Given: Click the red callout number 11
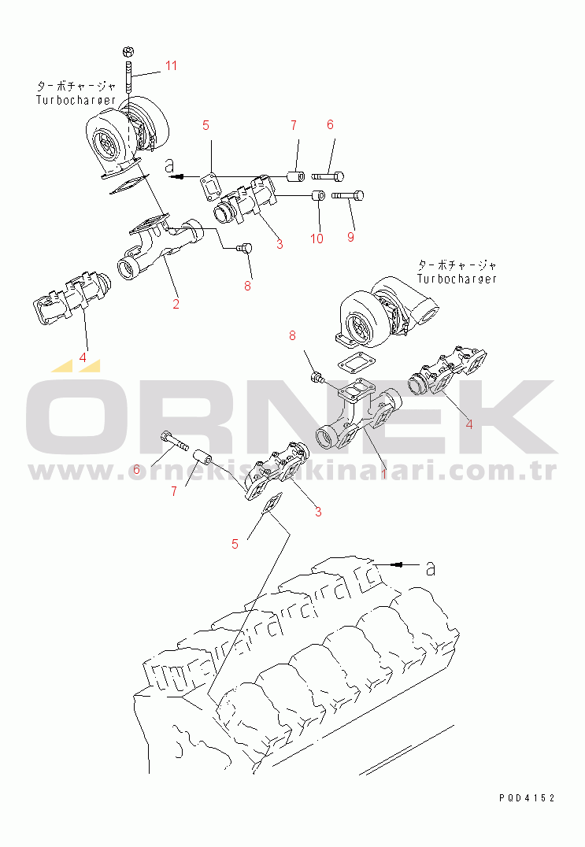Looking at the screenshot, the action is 171,65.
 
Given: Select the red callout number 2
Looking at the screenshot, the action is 176,304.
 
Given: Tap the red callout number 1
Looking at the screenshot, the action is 383,474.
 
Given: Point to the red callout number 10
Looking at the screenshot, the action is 317,239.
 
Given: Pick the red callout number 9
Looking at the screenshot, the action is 350,237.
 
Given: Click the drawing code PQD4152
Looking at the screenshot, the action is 527,798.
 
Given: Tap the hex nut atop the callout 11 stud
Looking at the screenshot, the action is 128,52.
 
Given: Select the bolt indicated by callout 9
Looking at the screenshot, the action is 347,195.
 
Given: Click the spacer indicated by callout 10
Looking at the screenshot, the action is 319,194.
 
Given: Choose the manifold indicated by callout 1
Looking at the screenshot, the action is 359,416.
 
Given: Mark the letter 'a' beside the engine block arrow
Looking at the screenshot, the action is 430,568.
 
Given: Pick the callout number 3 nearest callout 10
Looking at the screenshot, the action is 280,244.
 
